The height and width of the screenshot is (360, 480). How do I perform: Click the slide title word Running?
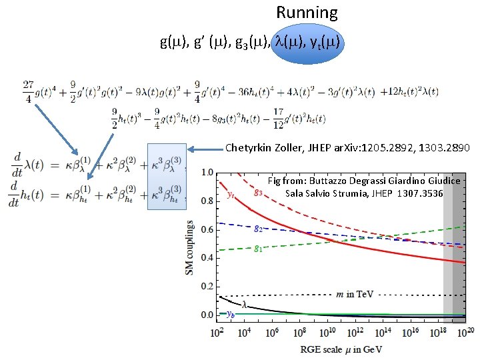(x=307, y=13)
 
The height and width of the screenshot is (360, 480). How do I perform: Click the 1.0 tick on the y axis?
(x=207, y=173)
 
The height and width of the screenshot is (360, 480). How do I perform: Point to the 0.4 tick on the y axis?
(x=207, y=257)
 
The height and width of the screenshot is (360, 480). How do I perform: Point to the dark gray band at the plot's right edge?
(x=459, y=243)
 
